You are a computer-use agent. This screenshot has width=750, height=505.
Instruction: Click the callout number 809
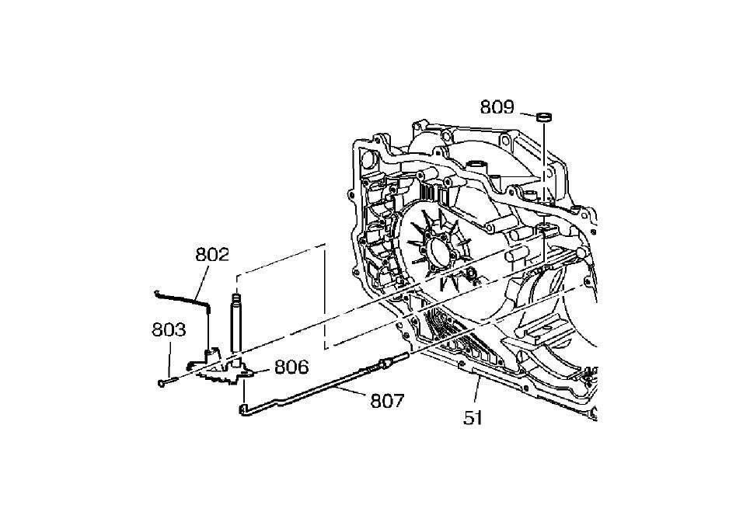tap(497, 106)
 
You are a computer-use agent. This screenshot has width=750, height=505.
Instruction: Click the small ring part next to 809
tap(544, 117)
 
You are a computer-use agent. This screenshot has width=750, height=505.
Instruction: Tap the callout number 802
tap(212, 254)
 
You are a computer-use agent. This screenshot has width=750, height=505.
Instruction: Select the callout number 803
tap(169, 329)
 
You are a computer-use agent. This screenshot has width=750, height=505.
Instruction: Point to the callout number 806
tap(291, 367)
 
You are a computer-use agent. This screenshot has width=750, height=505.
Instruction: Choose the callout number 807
tap(388, 401)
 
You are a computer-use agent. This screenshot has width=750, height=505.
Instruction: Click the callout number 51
tap(473, 418)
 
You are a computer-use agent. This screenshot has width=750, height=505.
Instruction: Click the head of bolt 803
tap(162, 382)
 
